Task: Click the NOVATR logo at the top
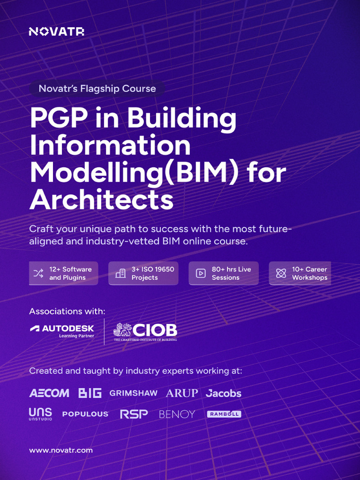point(56,31)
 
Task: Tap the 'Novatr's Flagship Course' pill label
point(97,89)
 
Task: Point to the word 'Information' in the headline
point(110,145)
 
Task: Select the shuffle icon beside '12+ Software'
point(38,273)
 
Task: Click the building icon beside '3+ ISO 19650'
point(120,273)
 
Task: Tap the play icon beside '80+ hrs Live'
point(201,273)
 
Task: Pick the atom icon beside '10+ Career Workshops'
point(281,273)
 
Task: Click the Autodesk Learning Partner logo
point(62,331)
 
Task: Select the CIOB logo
point(145,331)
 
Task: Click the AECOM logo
point(49,393)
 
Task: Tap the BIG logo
point(90,393)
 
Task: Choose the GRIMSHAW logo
point(134,393)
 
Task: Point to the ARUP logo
point(182,393)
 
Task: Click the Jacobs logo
point(224,393)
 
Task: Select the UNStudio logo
point(40,414)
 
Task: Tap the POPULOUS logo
point(85,414)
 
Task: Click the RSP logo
point(134,414)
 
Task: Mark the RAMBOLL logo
point(224,414)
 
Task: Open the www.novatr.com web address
point(61,450)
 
